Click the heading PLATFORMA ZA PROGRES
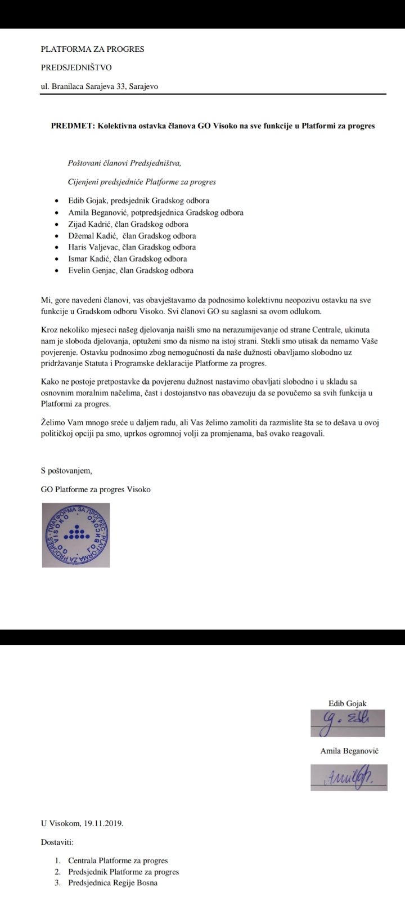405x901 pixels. pyautogui.click(x=92, y=49)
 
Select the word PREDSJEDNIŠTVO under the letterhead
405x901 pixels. pyautogui.click(x=76, y=68)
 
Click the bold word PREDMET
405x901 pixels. pyautogui.click(x=73, y=126)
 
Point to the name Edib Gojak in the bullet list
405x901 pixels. pyautogui.click(x=88, y=200)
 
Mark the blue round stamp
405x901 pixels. pyautogui.click(x=76, y=535)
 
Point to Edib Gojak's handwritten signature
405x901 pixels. pyautogui.click(x=347, y=722)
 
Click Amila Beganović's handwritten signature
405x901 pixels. pyautogui.click(x=349, y=777)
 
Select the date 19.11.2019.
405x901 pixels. pyautogui.click(x=103, y=823)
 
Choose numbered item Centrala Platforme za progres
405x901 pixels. pyautogui.click(x=118, y=860)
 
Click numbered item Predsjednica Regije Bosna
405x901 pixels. pyautogui.click(x=112, y=883)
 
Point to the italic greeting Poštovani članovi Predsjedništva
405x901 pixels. pyautogui.click(x=124, y=163)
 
